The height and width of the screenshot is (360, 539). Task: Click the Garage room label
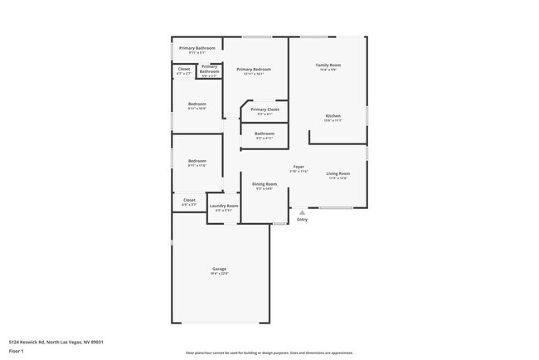pyautogui.click(x=220, y=269)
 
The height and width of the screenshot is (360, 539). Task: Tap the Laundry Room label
pyautogui.click(x=224, y=206)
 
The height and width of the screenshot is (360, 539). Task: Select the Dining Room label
pyautogui.click(x=265, y=184)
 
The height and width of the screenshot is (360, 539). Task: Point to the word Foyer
pyautogui.click(x=299, y=167)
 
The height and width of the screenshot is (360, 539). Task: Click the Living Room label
pyautogui.click(x=337, y=173)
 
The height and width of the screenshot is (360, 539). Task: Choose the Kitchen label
pyautogui.click(x=333, y=115)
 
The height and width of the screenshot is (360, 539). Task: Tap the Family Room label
pyautogui.click(x=328, y=65)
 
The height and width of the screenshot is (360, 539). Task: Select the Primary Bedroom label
pyautogui.click(x=254, y=69)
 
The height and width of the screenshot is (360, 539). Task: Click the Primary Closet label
pyautogui.click(x=265, y=109)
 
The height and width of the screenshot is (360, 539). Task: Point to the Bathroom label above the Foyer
pyautogui.click(x=265, y=134)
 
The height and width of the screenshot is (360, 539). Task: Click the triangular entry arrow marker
pyautogui.click(x=302, y=212)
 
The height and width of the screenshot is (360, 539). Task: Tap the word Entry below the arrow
pyautogui.click(x=302, y=220)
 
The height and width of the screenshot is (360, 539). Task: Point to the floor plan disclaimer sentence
pyautogui.click(x=269, y=352)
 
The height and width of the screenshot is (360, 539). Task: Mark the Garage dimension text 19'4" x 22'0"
pyautogui.click(x=220, y=273)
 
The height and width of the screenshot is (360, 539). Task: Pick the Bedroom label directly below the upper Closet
pyautogui.click(x=197, y=104)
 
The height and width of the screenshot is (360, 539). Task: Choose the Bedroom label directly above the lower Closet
pyautogui.click(x=197, y=161)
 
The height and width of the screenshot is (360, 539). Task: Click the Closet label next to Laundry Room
pyautogui.click(x=189, y=200)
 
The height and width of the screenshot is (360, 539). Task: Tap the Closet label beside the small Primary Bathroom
pyautogui.click(x=184, y=69)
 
